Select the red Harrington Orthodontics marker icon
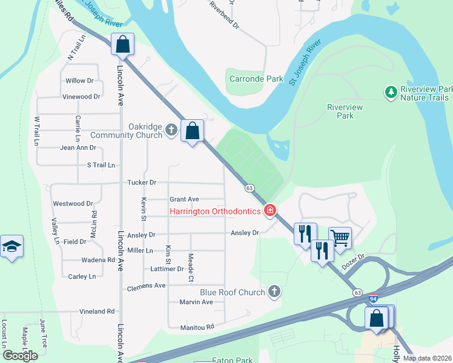point(270,211)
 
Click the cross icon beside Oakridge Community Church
point(171,130)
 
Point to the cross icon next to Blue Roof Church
point(274,292)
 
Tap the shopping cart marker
point(340,237)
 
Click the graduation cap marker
point(12,247)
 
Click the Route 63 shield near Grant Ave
point(249,188)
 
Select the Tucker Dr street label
point(142,182)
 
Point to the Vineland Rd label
point(97,311)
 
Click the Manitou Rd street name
point(197,327)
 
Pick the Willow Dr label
point(79,80)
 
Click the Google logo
point(20,355)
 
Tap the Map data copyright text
point(427,358)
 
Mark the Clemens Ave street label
point(146,286)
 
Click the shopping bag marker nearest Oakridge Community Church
point(192,131)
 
